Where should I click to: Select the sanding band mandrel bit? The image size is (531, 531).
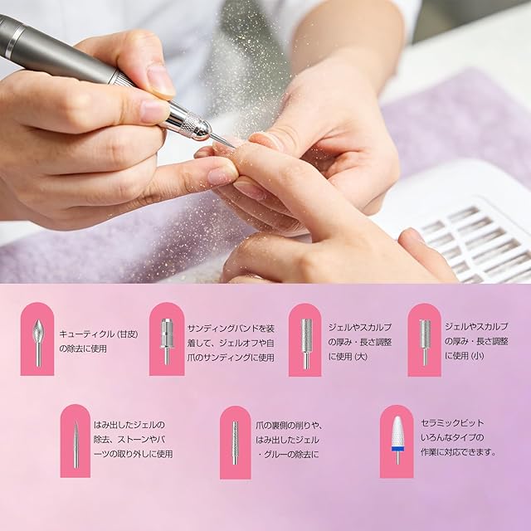[x=167, y=341]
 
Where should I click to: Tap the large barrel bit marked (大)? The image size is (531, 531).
[x=306, y=343]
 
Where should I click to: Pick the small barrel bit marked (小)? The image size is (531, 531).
[x=425, y=341]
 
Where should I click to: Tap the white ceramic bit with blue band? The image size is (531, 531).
[x=397, y=440]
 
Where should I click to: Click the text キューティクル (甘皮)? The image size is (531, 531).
[x=99, y=334]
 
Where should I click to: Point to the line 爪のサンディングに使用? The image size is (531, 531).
[x=231, y=358]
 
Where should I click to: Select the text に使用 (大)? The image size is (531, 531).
[x=348, y=356]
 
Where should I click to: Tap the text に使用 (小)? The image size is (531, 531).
[x=465, y=356]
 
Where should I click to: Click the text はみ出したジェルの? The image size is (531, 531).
[x=129, y=425]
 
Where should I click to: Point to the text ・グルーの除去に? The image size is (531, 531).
[x=289, y=455]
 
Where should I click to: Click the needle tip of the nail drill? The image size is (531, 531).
[x=235, y=148]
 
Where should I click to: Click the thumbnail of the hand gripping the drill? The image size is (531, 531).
[x=161, y=80]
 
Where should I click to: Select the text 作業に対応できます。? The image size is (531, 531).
[x=459, y=452]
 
